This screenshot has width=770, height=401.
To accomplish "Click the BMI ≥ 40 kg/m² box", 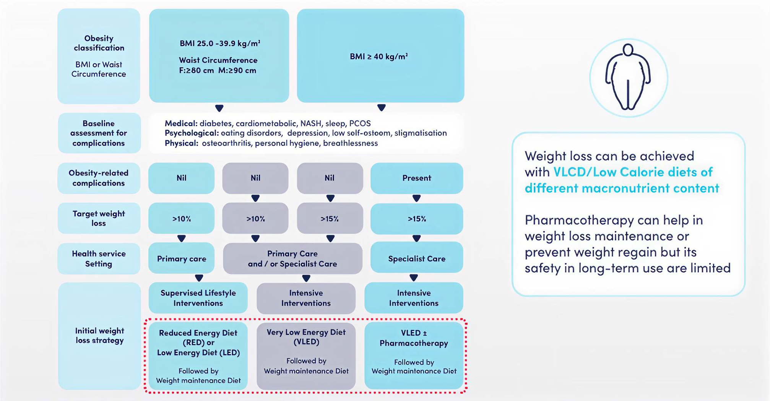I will coord(380,56).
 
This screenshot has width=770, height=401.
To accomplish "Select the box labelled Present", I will coord(416,178).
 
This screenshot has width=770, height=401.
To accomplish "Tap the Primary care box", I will coord(181,258).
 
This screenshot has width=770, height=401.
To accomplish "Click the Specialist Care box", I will coord(416,258).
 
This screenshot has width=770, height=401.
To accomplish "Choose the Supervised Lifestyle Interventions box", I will coord(198,298).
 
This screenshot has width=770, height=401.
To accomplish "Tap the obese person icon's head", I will coord(628,50).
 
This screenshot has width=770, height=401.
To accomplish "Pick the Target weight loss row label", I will coord(99,218).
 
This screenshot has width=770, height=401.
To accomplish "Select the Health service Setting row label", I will coord(99,258).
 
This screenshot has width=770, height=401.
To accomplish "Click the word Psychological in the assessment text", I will coord(192,133).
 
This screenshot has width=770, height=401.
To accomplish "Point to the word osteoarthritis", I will coord(227,143).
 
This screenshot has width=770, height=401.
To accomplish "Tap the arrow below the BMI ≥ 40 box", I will coord(381,107).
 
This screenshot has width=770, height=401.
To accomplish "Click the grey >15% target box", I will coord(330,218).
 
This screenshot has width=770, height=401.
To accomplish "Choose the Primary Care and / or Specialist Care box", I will coord(292,258).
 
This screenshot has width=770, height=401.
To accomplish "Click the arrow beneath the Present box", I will coord(416,198).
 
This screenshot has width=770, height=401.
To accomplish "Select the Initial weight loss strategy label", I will coord(99,335).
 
